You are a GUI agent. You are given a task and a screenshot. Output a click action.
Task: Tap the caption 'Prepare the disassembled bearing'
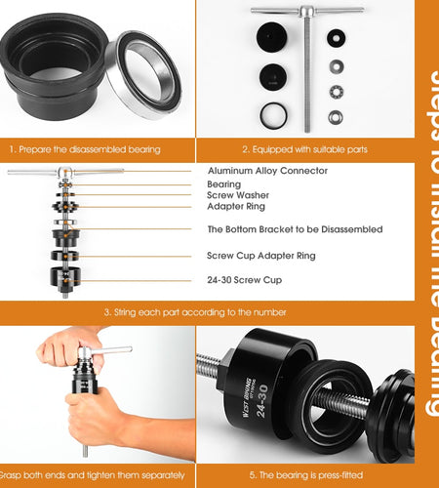tap(85, 149)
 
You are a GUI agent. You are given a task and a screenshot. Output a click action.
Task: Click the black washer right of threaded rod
tap(336, 40)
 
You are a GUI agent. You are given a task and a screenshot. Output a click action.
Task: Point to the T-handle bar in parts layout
tap(306, 12)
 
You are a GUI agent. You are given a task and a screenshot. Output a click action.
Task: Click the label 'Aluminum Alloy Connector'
tap(267, 170)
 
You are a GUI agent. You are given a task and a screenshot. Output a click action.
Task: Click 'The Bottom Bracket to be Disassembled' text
tap(295, 229)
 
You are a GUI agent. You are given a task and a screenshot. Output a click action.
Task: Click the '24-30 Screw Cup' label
tap(244, 280)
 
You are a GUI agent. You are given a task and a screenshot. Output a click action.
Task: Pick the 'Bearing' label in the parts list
tap(223, 183)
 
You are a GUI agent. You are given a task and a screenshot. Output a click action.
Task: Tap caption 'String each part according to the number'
tap(195, 312)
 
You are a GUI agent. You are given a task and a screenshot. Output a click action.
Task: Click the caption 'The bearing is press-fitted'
tap(304, 474)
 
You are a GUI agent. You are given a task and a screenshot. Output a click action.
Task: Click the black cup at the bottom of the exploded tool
tap(65, 279)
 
